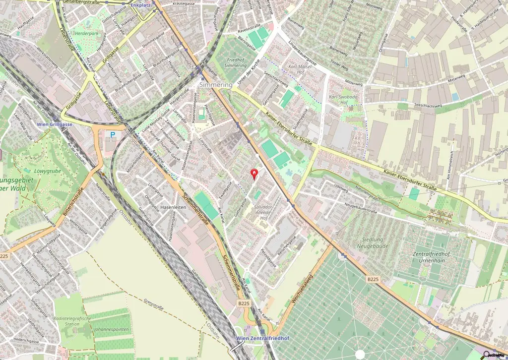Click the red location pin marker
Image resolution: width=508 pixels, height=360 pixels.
click(x=255, y=174)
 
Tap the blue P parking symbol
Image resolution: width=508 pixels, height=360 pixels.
click(x=113, y=134)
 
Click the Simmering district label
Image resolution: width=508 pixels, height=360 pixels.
click(x=216, y=85)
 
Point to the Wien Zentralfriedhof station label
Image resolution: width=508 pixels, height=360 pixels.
click(x=255, y=338)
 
